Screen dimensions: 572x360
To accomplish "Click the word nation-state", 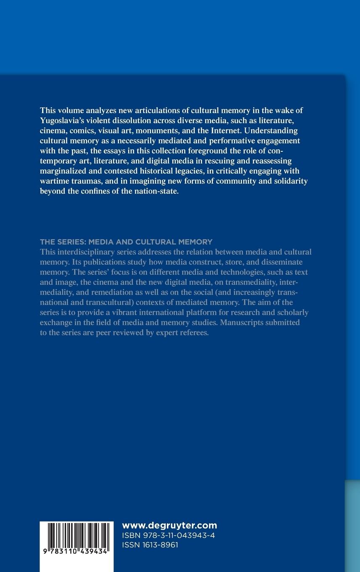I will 156,191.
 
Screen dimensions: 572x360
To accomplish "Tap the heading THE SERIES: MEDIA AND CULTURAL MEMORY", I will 126,242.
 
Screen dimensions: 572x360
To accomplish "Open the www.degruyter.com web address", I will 169,525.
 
